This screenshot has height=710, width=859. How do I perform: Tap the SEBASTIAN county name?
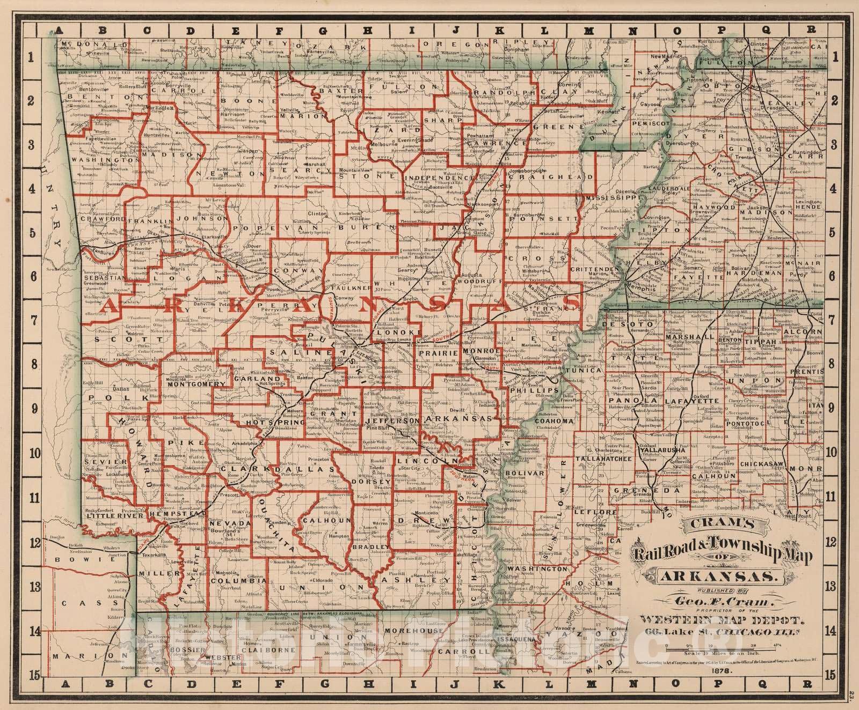(x=105, y=278)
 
